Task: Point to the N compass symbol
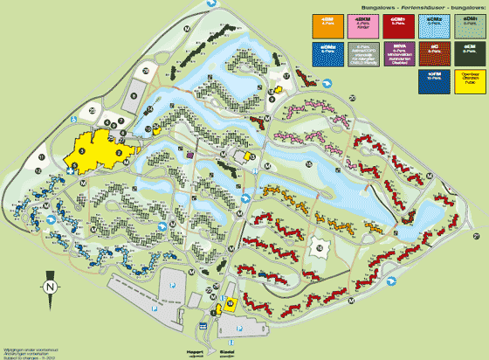click(x=51, y=286)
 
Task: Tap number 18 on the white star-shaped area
click(x=320, y=249)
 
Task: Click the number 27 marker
click(x=477, y=237)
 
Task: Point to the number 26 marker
click(x=148, y=67)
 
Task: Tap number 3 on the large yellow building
click(x=83, y=150)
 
